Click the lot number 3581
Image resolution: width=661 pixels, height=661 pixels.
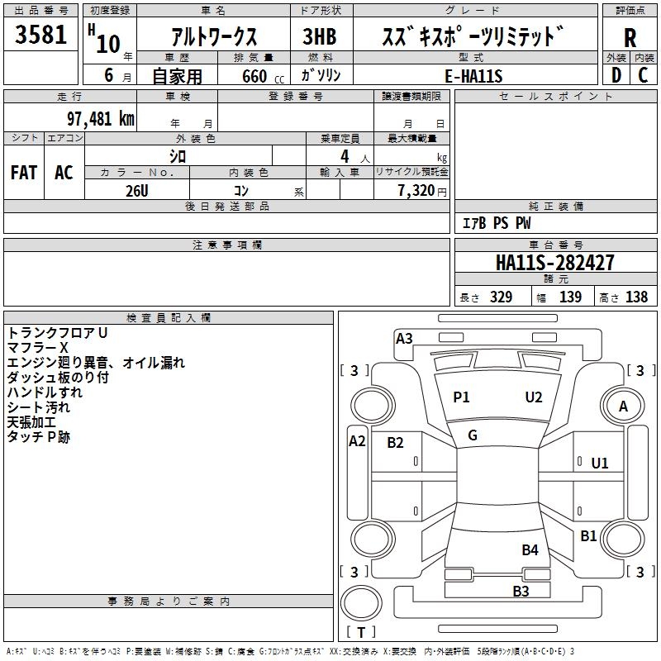(40, 35)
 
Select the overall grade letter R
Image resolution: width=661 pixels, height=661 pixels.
(630, 38)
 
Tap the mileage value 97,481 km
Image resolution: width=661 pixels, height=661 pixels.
(100, 119)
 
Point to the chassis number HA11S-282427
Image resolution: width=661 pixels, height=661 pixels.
(554, 263)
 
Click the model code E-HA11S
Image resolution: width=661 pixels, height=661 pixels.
(473, 76)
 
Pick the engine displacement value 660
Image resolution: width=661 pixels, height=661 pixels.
(254, 76)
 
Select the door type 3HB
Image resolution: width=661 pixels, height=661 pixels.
(320, 36)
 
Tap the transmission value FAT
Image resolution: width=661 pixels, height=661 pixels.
(24, 173)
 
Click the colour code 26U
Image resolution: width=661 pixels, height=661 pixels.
(137, 191)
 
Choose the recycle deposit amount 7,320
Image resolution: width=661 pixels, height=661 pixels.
(416, 191)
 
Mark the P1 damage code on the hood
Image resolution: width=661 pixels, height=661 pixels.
(461, 397)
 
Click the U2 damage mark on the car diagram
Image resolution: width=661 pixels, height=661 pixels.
(534, 397)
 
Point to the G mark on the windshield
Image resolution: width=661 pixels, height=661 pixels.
(473, 435)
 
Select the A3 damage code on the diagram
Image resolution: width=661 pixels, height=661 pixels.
(404, 339)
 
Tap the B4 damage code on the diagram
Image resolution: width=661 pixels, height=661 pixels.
(530, 549)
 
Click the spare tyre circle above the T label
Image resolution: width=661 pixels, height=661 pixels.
(361, 603)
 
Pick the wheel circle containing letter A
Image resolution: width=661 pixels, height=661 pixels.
(623, 406)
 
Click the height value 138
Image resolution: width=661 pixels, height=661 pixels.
(636, 297)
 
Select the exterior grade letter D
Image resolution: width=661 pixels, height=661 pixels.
(616, 75)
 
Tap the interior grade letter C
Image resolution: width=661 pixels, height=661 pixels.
(643, 75)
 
